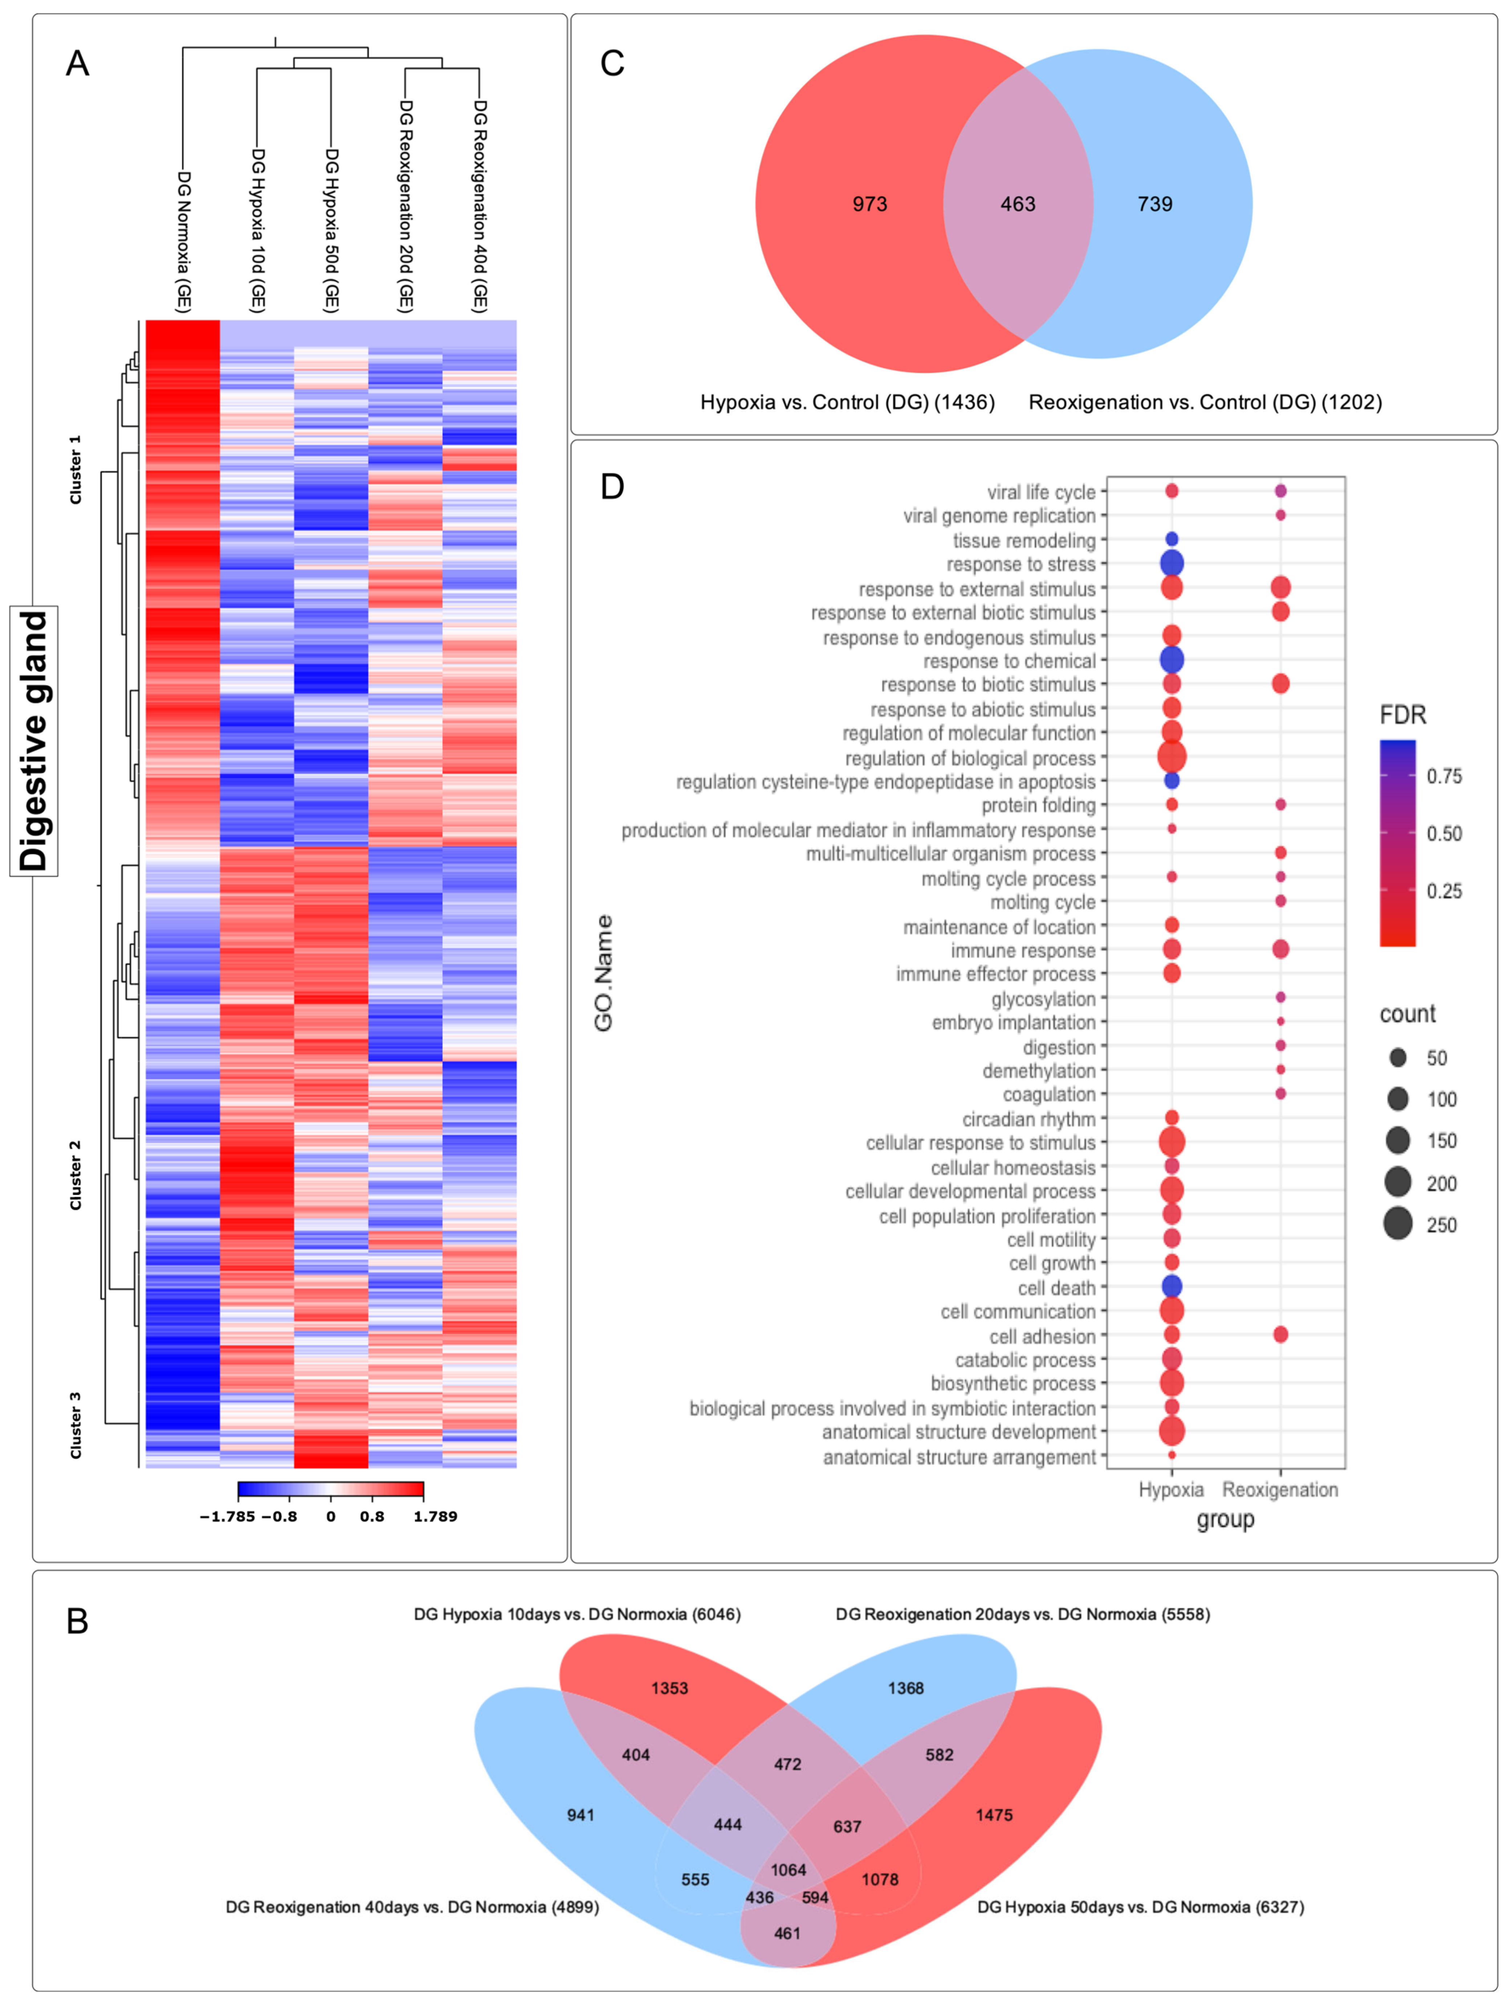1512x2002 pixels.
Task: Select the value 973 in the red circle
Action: point(869,204)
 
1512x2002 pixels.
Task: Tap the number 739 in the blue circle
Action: point(1154,204)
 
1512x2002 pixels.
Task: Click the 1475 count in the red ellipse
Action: point(994,1815)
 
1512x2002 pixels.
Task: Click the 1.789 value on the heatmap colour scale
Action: point(435,1517)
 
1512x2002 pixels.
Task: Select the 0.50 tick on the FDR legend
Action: point(1443,834)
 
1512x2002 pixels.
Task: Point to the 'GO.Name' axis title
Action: point(604,973)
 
